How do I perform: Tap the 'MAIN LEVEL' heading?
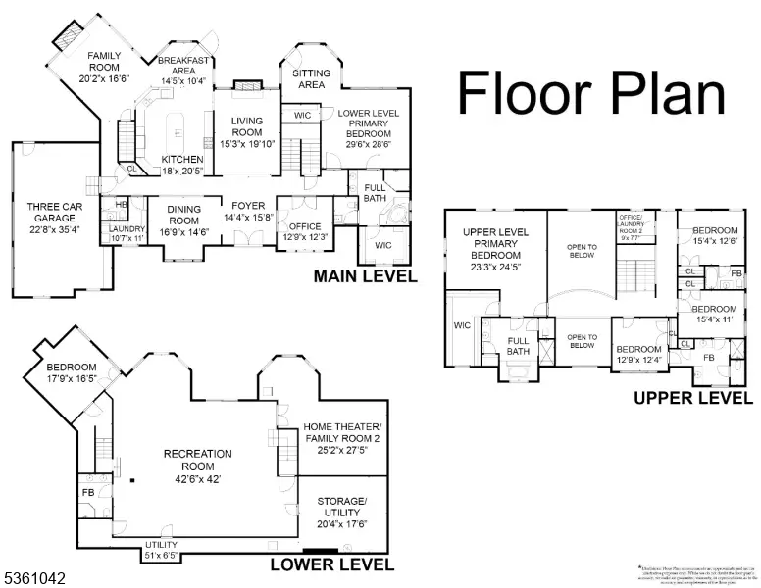(365, 277)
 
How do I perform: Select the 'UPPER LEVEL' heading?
(693, 398)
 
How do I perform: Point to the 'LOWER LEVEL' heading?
(331, 564)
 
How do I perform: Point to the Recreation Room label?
(198, 460)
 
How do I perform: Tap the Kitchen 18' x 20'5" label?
(182, 165)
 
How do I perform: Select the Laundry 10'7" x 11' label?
(127, 233)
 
